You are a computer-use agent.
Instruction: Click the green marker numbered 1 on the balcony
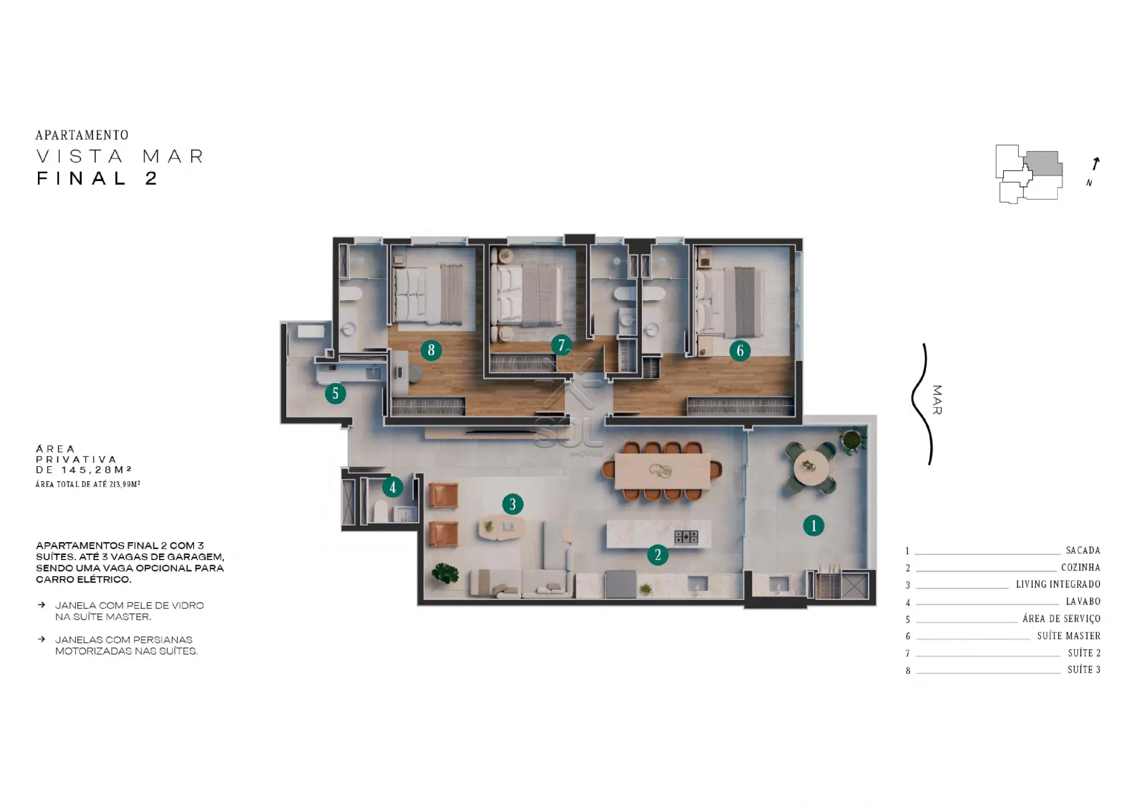point(813,525)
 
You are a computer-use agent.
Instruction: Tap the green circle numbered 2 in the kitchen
point(657,554)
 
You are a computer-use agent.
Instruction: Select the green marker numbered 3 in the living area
point(512,504)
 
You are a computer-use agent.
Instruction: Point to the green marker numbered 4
point(392,488)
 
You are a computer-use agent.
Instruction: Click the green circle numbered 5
point(335,394)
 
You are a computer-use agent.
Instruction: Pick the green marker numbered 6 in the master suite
point(740,350)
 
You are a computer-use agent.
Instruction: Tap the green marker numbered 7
point(561,345)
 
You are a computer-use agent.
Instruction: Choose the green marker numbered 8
point(431,350)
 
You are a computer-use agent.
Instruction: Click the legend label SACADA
point(1083,550)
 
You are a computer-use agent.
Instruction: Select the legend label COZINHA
point(1081,568)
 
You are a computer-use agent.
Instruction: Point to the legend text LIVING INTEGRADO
point(1058,584)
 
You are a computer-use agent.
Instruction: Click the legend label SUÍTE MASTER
point(1069,635)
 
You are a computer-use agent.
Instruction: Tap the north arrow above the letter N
point(1096,164)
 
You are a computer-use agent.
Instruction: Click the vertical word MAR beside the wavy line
point(937,400)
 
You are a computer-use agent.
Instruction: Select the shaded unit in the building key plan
point(1043,163)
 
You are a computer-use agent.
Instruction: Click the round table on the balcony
point(811,467)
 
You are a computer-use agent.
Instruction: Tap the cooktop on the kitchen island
point(686,537)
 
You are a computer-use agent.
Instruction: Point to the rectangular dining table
point(662,471)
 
